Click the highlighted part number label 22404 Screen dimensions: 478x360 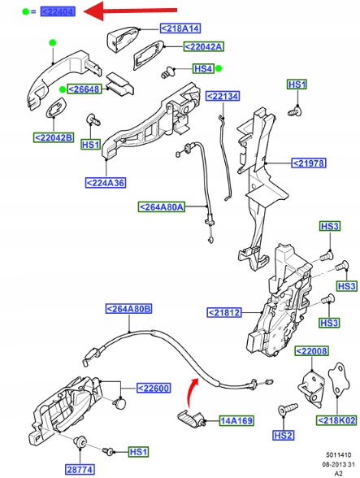(57, 11)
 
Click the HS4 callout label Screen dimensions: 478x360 (203, 68)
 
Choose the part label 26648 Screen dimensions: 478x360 (85, 89)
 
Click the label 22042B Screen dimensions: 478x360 (53, 137)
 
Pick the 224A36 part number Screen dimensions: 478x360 (106, 182)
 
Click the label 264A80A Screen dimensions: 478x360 (162, 207)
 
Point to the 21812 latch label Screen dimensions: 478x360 (223, 311)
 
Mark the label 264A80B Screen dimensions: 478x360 (129, 309)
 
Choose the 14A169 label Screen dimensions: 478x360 (236, 421)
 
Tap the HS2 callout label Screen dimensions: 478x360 (283, 437)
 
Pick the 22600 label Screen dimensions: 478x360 (152, 388)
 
